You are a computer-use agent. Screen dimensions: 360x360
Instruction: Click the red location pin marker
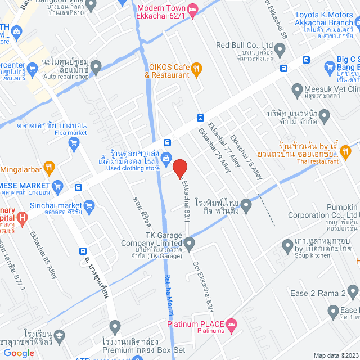pyautogui.click(x=179, y=169)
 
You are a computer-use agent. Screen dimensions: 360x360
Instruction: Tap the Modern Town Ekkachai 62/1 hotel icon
pyautogui.click(x=192, y=8)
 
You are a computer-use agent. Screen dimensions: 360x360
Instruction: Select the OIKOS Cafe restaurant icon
pyautogui.click(x=196, y=69)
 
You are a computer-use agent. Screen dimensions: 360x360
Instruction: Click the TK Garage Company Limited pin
pyautogui.click(x=190, y=244)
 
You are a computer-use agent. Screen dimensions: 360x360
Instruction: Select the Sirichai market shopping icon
pyautogui.click(x=89, y=206)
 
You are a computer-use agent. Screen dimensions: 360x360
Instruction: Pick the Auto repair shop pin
pyautogui.click(x=96, y=68)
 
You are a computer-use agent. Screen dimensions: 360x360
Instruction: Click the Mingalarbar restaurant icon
pyautogui.click(x=49, y=166)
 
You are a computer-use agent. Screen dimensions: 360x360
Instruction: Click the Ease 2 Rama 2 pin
pyautogui.click(x=353, y=292)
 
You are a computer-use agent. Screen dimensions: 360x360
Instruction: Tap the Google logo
pyautogui.click(x=19, y=353)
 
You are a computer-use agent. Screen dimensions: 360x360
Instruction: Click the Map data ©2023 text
pyautogui.click(x=335, y=355)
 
